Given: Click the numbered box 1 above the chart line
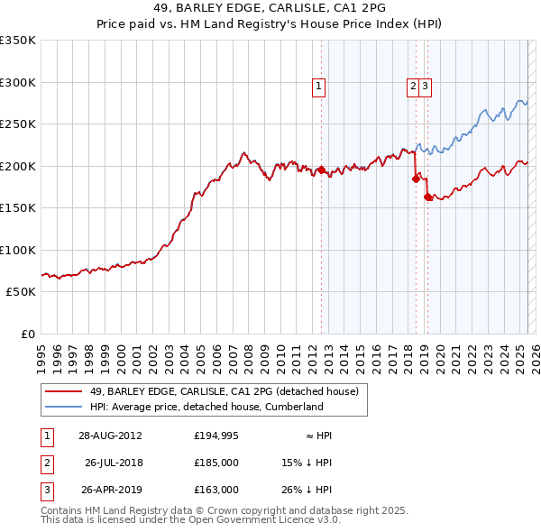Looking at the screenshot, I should [x=319, y=87].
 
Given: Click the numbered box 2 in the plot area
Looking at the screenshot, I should [x=413, y=87].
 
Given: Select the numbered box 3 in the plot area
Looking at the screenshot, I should [x=425, y=87].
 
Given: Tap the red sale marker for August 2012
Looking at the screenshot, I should [x=321, y=170].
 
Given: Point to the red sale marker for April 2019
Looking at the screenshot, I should [x=427, y=197].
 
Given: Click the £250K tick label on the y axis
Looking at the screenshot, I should [x=18, y=124].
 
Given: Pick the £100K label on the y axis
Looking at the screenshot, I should [x=18, y=250].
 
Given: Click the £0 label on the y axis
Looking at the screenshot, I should [x=27, y=334].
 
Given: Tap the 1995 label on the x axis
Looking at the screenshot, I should [x=41, y=352].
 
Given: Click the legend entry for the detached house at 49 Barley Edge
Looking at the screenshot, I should [x=224, y=391].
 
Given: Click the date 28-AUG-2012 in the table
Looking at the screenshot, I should [x=110, y=436].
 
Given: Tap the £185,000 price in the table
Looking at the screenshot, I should [x=216, y=463].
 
